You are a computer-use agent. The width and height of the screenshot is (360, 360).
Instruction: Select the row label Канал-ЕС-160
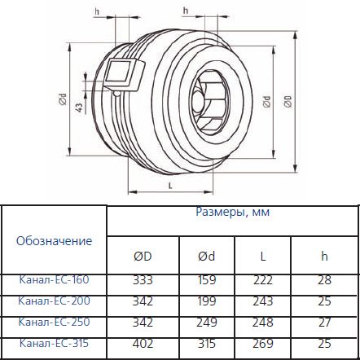coord(54,279)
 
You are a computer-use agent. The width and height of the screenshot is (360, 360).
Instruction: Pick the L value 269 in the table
coord(263,343)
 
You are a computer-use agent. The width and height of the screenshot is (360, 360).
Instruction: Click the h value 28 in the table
coord(325,279)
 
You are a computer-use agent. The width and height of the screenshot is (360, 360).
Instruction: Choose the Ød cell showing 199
coord(206,301)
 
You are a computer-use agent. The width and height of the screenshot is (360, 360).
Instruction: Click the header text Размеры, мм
coord(233,212)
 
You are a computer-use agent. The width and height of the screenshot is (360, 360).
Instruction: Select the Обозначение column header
coord(54,240)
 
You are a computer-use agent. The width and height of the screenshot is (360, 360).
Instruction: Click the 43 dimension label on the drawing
coord(78,108)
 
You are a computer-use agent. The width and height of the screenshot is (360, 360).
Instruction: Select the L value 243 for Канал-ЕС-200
coord(263,301)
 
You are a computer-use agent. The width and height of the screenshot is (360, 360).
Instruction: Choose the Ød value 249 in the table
coord(206,322)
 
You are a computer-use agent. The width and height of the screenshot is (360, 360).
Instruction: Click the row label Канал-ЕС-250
coord(54,322)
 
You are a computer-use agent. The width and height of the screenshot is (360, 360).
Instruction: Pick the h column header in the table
coord(325,256)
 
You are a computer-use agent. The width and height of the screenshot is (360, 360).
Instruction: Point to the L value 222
coord(263,279)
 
